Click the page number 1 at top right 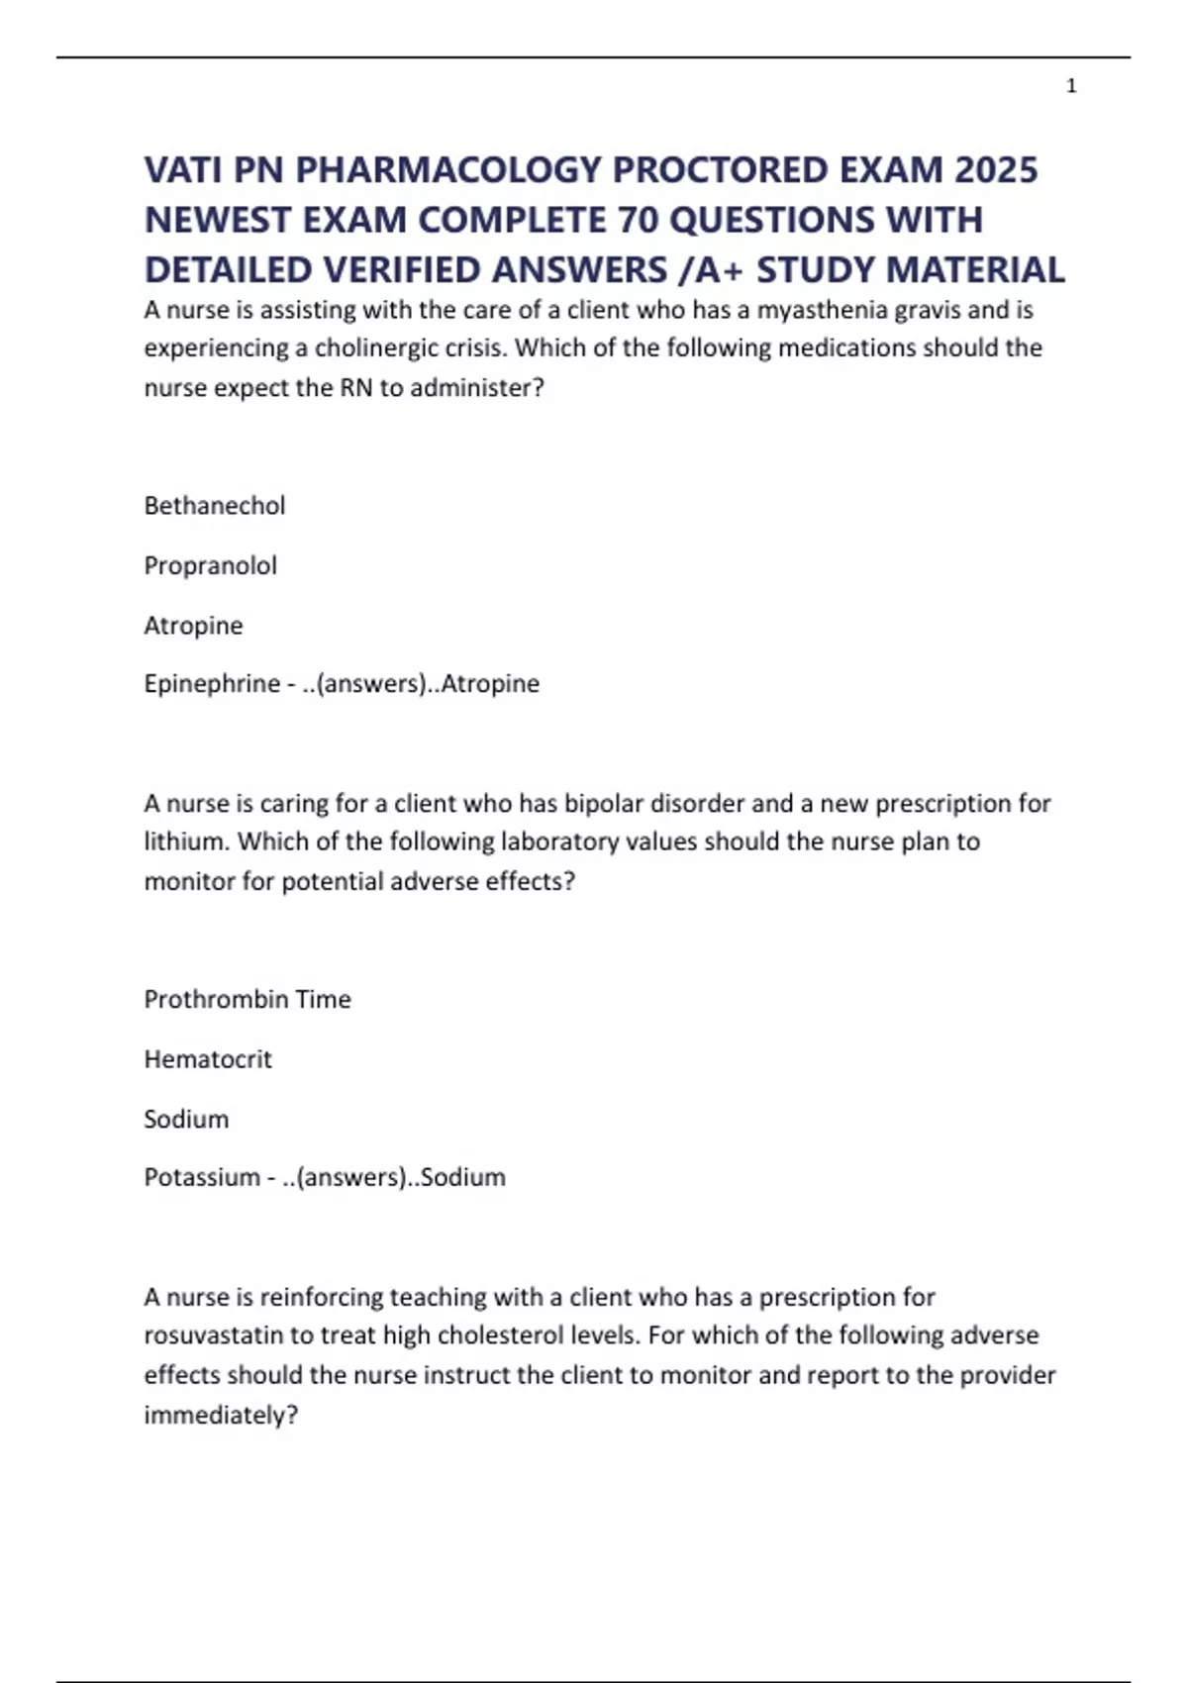1071,86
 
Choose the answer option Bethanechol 215,506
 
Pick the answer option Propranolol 211,565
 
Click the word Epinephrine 212,684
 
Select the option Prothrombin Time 247,999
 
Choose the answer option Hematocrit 208,1059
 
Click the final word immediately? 221,1416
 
